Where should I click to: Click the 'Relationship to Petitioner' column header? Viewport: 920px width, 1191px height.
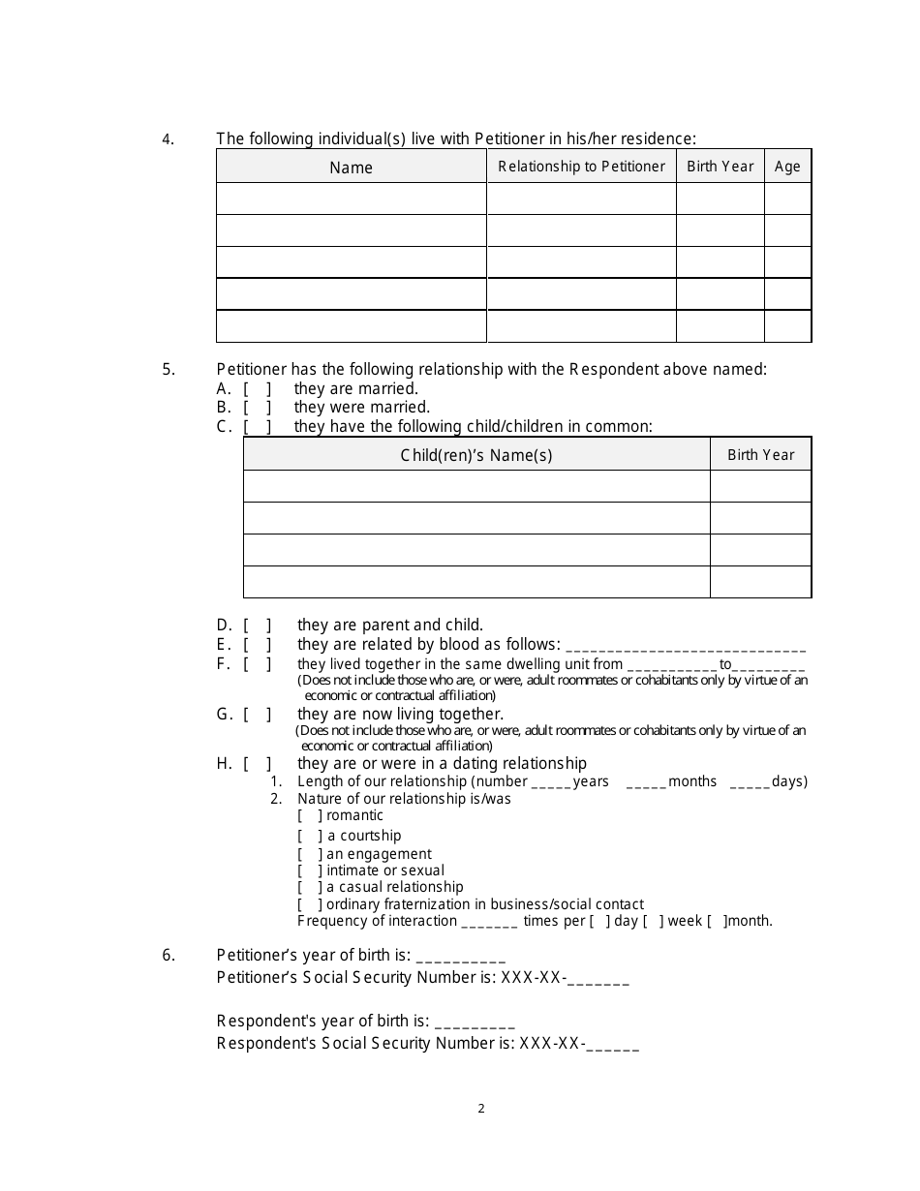point(581,167)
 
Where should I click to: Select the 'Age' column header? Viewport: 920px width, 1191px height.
point(787,167)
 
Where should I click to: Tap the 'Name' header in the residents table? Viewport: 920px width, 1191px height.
point(351,168)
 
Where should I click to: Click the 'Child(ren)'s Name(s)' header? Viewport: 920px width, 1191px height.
point(476,455)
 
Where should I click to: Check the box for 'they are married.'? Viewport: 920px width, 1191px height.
point(257,388)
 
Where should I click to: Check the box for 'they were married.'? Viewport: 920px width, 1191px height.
point(257,408)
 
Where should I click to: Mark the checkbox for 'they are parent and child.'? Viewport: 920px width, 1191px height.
point(257,626)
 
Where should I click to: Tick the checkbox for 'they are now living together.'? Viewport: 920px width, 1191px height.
point(257,715)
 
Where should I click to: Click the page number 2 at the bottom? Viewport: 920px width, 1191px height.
point(481,1109)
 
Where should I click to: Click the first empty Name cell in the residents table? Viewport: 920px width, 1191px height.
point(351,198)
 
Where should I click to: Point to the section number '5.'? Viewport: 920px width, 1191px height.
point(169,369)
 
